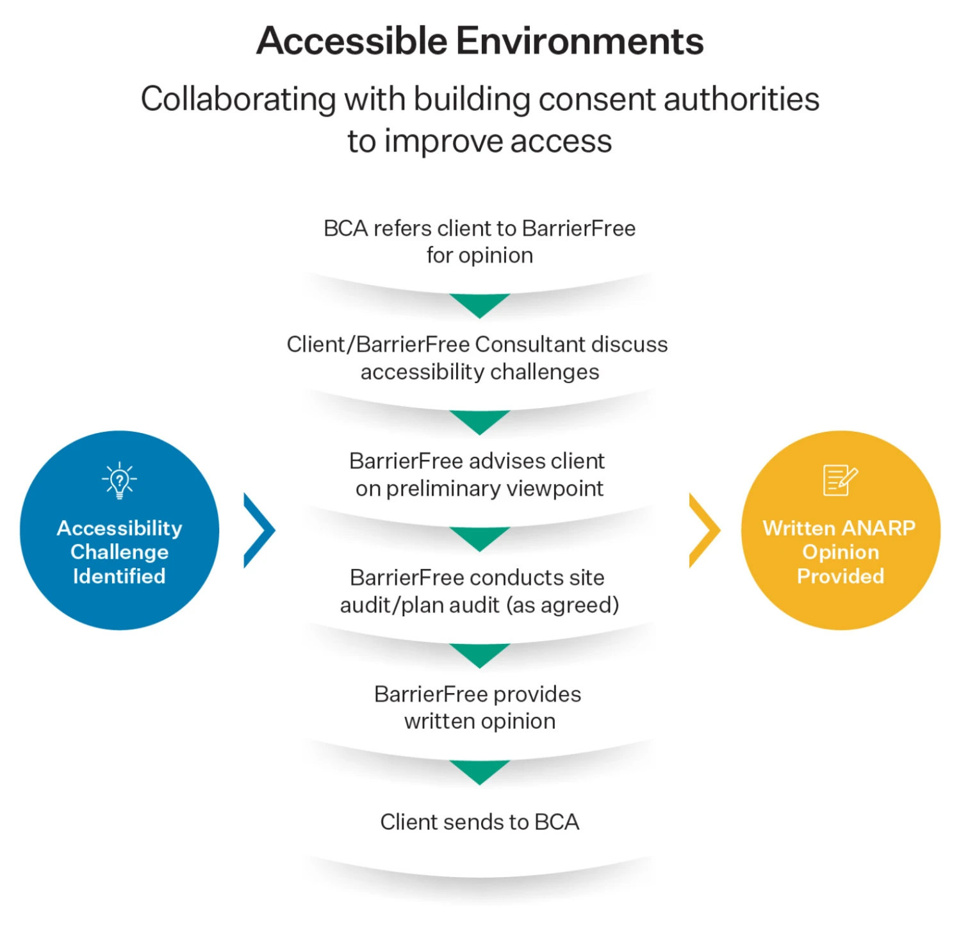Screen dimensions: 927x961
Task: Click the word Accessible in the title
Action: coord(352,41)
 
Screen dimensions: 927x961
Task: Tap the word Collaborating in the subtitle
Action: coord(238,99)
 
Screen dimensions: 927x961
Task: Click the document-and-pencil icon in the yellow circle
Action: coord(840,480)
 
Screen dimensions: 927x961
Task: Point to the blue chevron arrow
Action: coord(259,530)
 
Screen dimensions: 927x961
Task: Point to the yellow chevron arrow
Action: coord(704,530)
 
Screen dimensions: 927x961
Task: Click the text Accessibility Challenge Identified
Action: coord(119,552)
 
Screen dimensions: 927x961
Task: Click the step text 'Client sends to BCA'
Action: coord(479,822)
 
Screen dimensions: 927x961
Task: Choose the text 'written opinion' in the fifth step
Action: coord(479,721)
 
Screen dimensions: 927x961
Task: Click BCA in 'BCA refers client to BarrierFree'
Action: coord(345,229)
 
